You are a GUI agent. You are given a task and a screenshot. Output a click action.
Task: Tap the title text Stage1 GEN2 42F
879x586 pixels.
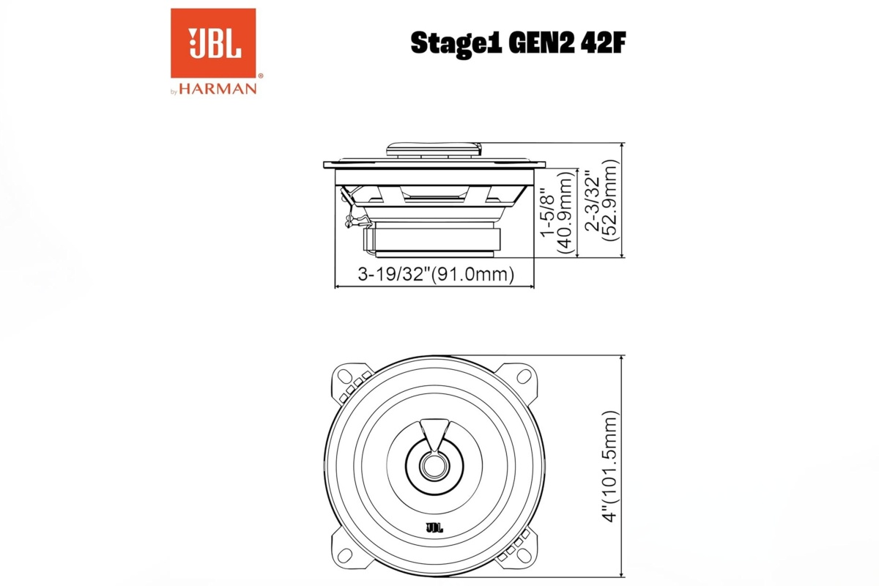(518, 42)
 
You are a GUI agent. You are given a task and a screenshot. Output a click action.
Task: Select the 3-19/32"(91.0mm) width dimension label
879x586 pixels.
(435, 275)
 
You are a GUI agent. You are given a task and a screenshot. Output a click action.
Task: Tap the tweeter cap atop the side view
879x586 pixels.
(434, 151)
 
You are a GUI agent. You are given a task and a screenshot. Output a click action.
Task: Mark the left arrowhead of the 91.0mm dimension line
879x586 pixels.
(338, 286)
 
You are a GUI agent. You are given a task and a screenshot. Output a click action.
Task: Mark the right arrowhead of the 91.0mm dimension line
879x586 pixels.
(532, 286)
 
